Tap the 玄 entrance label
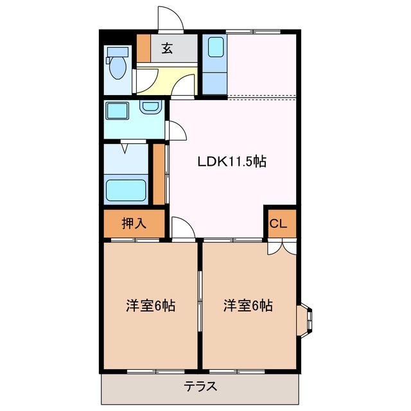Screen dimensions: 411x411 (x=167, y=49)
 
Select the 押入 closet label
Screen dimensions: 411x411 (x=135, y=223)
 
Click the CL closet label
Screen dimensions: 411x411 (x=279, y=224)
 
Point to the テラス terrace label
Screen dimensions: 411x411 (x=200, y=387)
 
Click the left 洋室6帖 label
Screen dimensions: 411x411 (x=150, y=306)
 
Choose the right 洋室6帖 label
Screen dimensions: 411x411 (x=248, y=306)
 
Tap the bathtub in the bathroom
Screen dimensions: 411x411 (x=126, y=191)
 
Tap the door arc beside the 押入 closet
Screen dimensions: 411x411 (x=182, y=228)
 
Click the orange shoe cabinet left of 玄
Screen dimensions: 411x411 (x=143, y=48)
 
